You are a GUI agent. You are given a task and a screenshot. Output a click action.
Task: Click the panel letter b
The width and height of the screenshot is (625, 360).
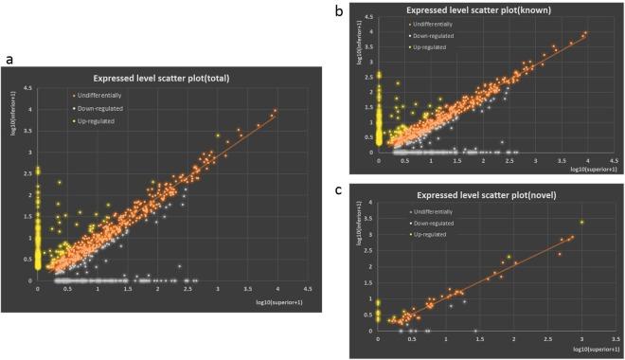(351, 10)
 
